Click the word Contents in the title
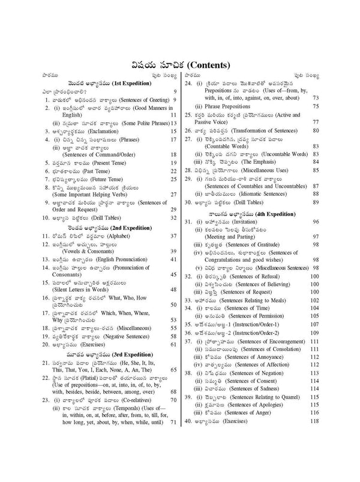pos(207,65)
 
